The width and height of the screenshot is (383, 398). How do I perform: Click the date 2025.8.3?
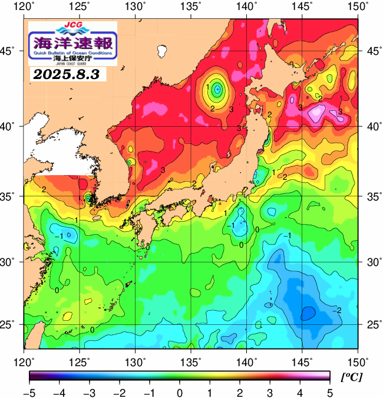[x=67, y=74]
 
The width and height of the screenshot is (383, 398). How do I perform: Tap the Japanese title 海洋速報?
[x=73, y=42]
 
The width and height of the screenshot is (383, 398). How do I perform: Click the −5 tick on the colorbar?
[x=29, y=392]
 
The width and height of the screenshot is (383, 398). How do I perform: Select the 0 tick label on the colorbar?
[x=179, y=392]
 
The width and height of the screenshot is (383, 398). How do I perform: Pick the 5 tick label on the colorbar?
[x=329, y=392]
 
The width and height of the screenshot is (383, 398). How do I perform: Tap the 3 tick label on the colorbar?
[x=269, y=392]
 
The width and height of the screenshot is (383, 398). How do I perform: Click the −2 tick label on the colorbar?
[x=118, y=392]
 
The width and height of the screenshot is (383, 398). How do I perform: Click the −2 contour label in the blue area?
[x=337, y=310]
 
